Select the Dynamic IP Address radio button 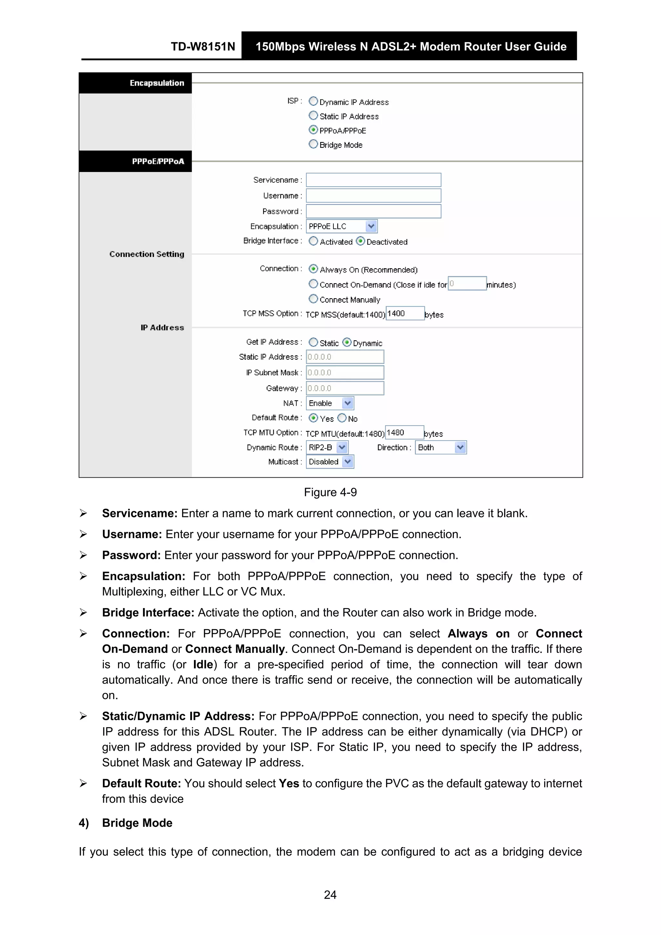[x=313, y=101]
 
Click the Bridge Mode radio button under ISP [x=313, y=144]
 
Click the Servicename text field [x=373, y=180]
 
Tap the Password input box [x=373, y=211]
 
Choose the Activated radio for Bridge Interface [x=313, y=241]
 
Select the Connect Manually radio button [x=313, y=299]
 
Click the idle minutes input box [x=467, y=283]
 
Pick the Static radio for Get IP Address [x=313, y=342]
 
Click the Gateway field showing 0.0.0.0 [x=345, y=388]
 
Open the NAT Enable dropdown [x=347, y=403]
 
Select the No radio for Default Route [x=342, y=418]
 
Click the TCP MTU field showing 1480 [x=404, y=432]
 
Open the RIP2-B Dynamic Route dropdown [x=342, y=447]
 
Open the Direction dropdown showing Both [x=460, y=447]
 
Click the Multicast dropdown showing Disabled [x=347, y=462]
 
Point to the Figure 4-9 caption [x=330, y=492]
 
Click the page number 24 [x=330, y=895]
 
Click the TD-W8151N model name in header [x=203, y=46]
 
